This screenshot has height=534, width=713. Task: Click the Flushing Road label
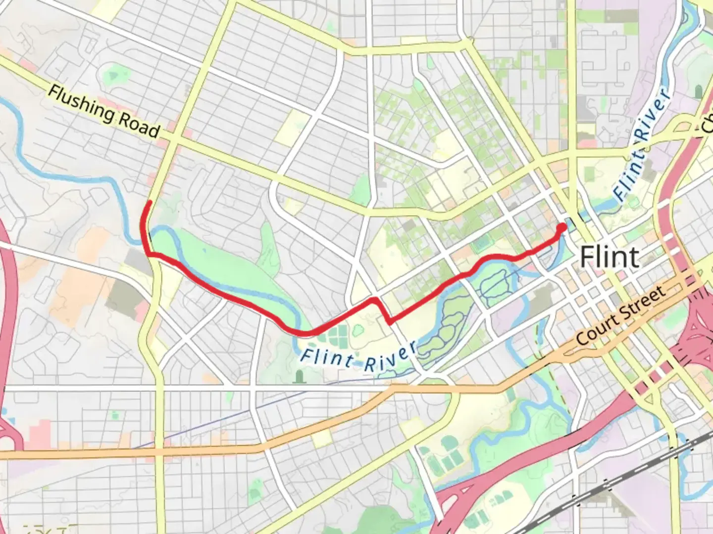pyautogui.click(x=104, y=112)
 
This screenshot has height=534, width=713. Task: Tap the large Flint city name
pyautogui.click(x=609, y=257)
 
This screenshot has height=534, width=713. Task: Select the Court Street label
pyautogui.click(x=621, y=316)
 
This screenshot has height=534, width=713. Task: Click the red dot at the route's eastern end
pyautogui.click(x=562, y=227)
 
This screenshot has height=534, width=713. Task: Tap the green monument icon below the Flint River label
pyautogui.click(x=298, y=377)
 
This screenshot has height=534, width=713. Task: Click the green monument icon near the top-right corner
pyautogui.click(x=699, y=91)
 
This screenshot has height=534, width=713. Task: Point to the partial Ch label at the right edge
pyautogui.click(x=707, y=124)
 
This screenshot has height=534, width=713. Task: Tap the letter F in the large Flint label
pyautogui.click(x=586, y=257)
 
